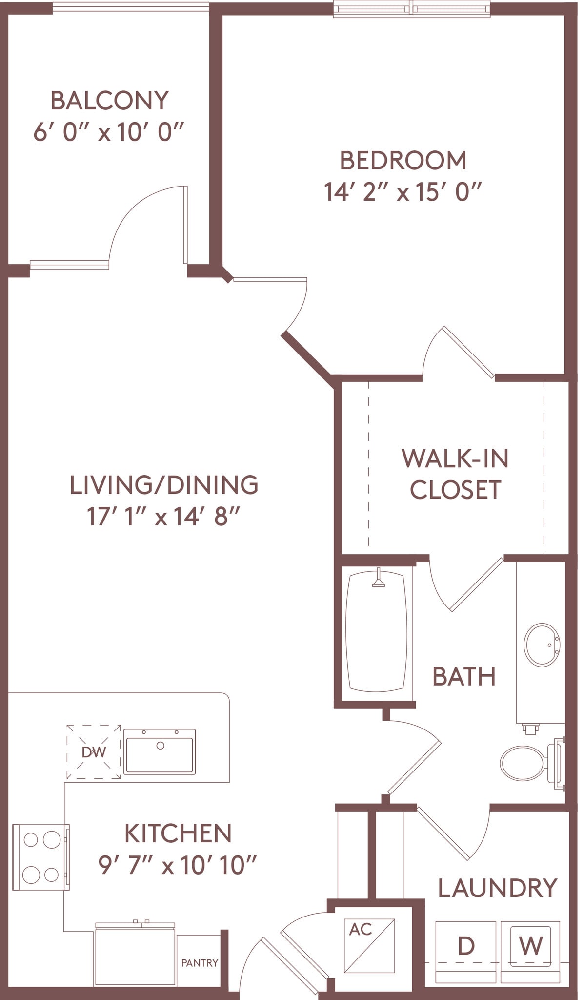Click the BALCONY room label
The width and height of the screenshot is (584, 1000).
tap(109, 101)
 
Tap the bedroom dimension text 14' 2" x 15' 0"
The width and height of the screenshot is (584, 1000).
tap(403, 192)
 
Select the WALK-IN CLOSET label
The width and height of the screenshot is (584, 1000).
tap(455, 474)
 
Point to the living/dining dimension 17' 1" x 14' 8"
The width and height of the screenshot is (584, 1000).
tap(164, 517)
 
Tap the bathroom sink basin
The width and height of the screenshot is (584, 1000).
tap(542, 645)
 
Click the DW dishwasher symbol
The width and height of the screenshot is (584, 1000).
tap(94, 752)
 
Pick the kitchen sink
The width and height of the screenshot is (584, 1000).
tap(160, 752)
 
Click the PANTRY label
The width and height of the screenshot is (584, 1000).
tap(200, 963)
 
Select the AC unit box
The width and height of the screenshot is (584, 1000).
tap(369, 946)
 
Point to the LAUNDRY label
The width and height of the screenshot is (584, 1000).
tap(497, 888)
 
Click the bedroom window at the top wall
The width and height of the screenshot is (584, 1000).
tap(412, 9)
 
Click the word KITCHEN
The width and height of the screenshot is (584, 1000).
tap(178, 833)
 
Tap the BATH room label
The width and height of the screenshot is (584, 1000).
tap(464, 677)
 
